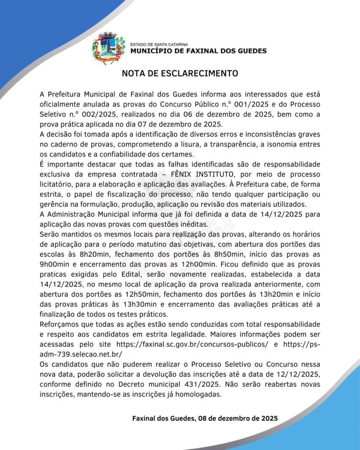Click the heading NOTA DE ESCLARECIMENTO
pyautogui.click(x=180, y=73)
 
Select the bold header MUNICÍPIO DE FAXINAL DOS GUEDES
pyautogui.click(x=199, y=51)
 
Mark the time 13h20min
pyautogui.click(x=256, y=294)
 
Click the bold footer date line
pyautogui.click(x=205, y=418)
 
